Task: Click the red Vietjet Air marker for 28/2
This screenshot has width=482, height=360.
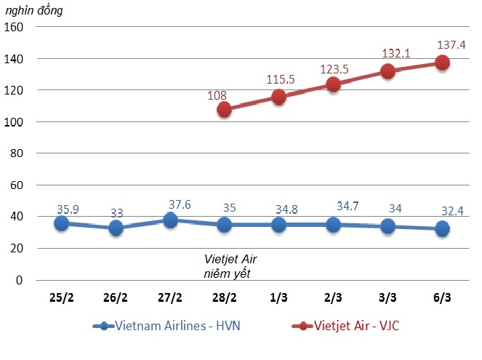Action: coord(224,110)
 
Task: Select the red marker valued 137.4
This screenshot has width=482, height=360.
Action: coord(442,63)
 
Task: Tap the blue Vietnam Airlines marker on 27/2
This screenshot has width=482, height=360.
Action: coord(169,220)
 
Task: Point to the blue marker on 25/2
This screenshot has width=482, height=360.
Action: coord(61,223)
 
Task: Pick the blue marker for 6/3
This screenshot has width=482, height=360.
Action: coord(442,228)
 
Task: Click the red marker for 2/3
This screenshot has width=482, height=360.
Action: coord(333,84)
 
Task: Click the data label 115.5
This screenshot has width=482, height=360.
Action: coord(281,79)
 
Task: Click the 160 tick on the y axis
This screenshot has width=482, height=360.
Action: coord(15,27)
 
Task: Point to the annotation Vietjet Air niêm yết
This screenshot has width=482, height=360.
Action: coord(230,265)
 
